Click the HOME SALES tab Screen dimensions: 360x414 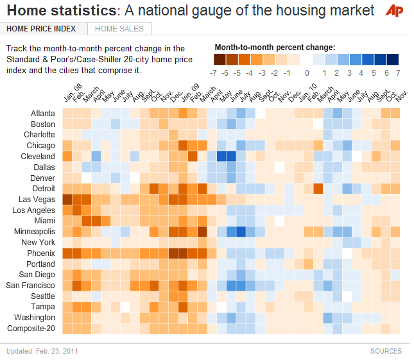120,29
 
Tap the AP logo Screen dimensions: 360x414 394,11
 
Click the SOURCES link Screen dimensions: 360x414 386,351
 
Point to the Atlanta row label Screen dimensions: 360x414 43,114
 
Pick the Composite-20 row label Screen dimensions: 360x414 31,329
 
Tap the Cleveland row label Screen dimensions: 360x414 39,157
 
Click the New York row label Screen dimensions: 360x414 39,243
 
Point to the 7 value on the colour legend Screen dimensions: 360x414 398,73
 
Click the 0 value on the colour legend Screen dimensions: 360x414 307,73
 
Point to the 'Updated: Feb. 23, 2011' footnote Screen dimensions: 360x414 42,351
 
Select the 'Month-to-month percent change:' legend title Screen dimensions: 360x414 274,47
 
